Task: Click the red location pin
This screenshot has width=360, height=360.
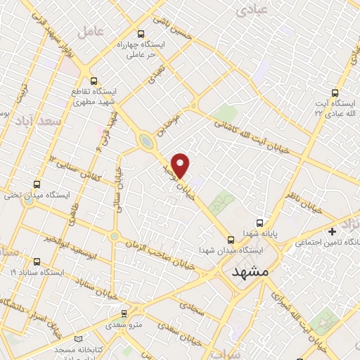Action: point(181,165)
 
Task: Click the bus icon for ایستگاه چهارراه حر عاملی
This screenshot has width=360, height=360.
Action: point(141,33)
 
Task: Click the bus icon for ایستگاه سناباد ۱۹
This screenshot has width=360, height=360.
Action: point(37,271)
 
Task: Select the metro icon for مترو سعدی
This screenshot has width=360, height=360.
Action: point(124,314)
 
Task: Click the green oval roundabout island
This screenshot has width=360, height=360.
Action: point(146,141)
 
